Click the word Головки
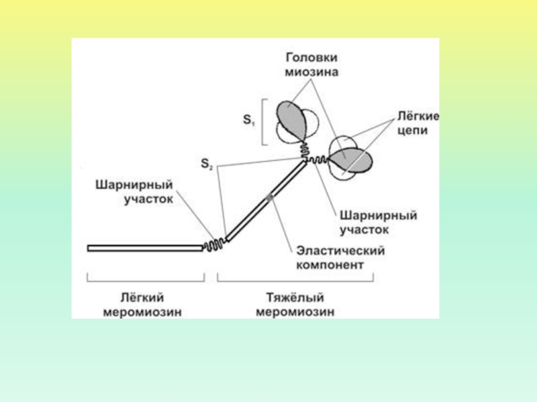[x=313, y=57]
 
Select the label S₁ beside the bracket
[x=248, y=121]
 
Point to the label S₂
[x=207, y=163]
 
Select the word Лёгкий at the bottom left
[x=142, y=297]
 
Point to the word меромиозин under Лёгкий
[x=142, y=312]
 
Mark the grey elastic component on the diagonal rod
[x=269, y=196]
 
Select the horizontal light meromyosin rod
[x=144, y=248]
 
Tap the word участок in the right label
[x=362, y=229]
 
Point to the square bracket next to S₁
[x=263, y=121]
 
